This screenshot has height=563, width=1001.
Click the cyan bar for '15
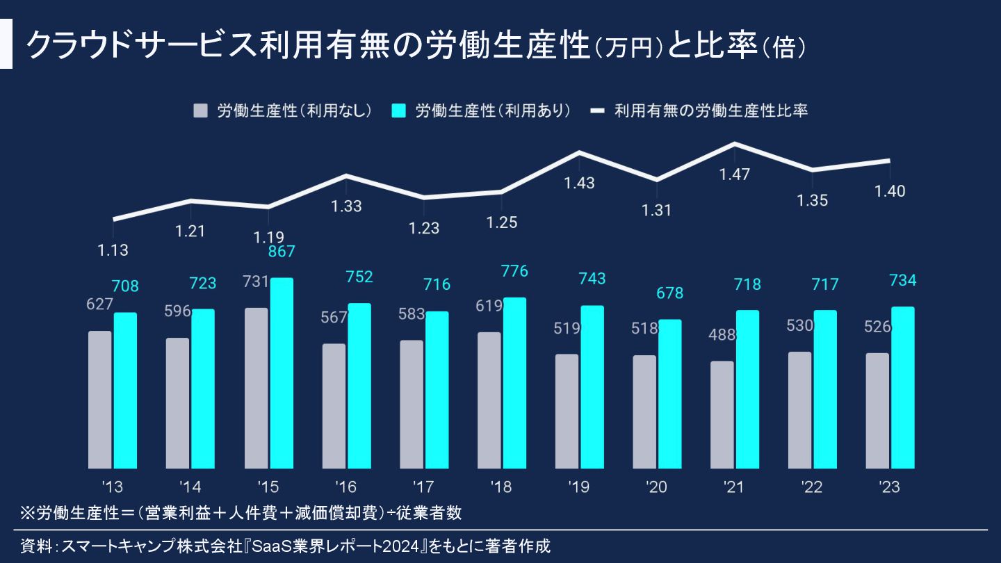[282, 373]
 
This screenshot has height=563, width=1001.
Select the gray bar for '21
[723, 415]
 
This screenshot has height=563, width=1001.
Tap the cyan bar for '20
[670, 394]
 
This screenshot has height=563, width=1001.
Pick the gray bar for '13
[100, 400]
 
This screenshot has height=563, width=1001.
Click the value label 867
[282, 252]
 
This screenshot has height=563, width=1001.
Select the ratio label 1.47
[735, 174]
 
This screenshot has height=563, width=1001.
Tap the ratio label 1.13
[113, 250]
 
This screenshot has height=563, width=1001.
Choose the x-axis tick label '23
[889, 487]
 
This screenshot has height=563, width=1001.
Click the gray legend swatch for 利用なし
[201, 111]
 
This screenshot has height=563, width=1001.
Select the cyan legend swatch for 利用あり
[398, 111]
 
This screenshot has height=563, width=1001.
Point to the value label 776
[514, 271]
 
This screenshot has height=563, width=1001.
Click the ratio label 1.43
[579, 183]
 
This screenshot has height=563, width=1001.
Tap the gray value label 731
[256, 281]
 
